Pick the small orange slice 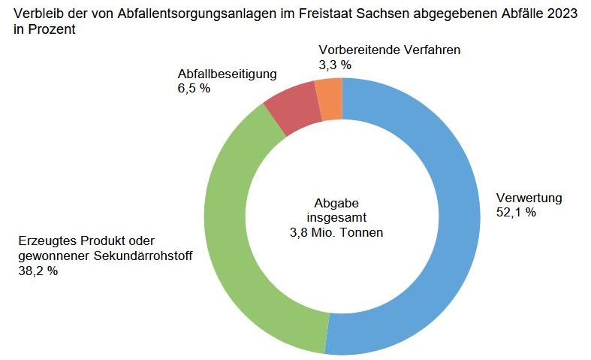click(x=330, y=98)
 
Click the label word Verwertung click(x=529, y=198)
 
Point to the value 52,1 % click(x=516, y=213)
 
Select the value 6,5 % click(x=194, y=89)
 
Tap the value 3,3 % click(x=335, y=65)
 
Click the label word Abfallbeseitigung click(x=228, y=74)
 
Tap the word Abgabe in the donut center click(x=336, y=203)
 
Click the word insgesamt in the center click(x=336, y=218)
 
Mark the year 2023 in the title click(x=562, y=14)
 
